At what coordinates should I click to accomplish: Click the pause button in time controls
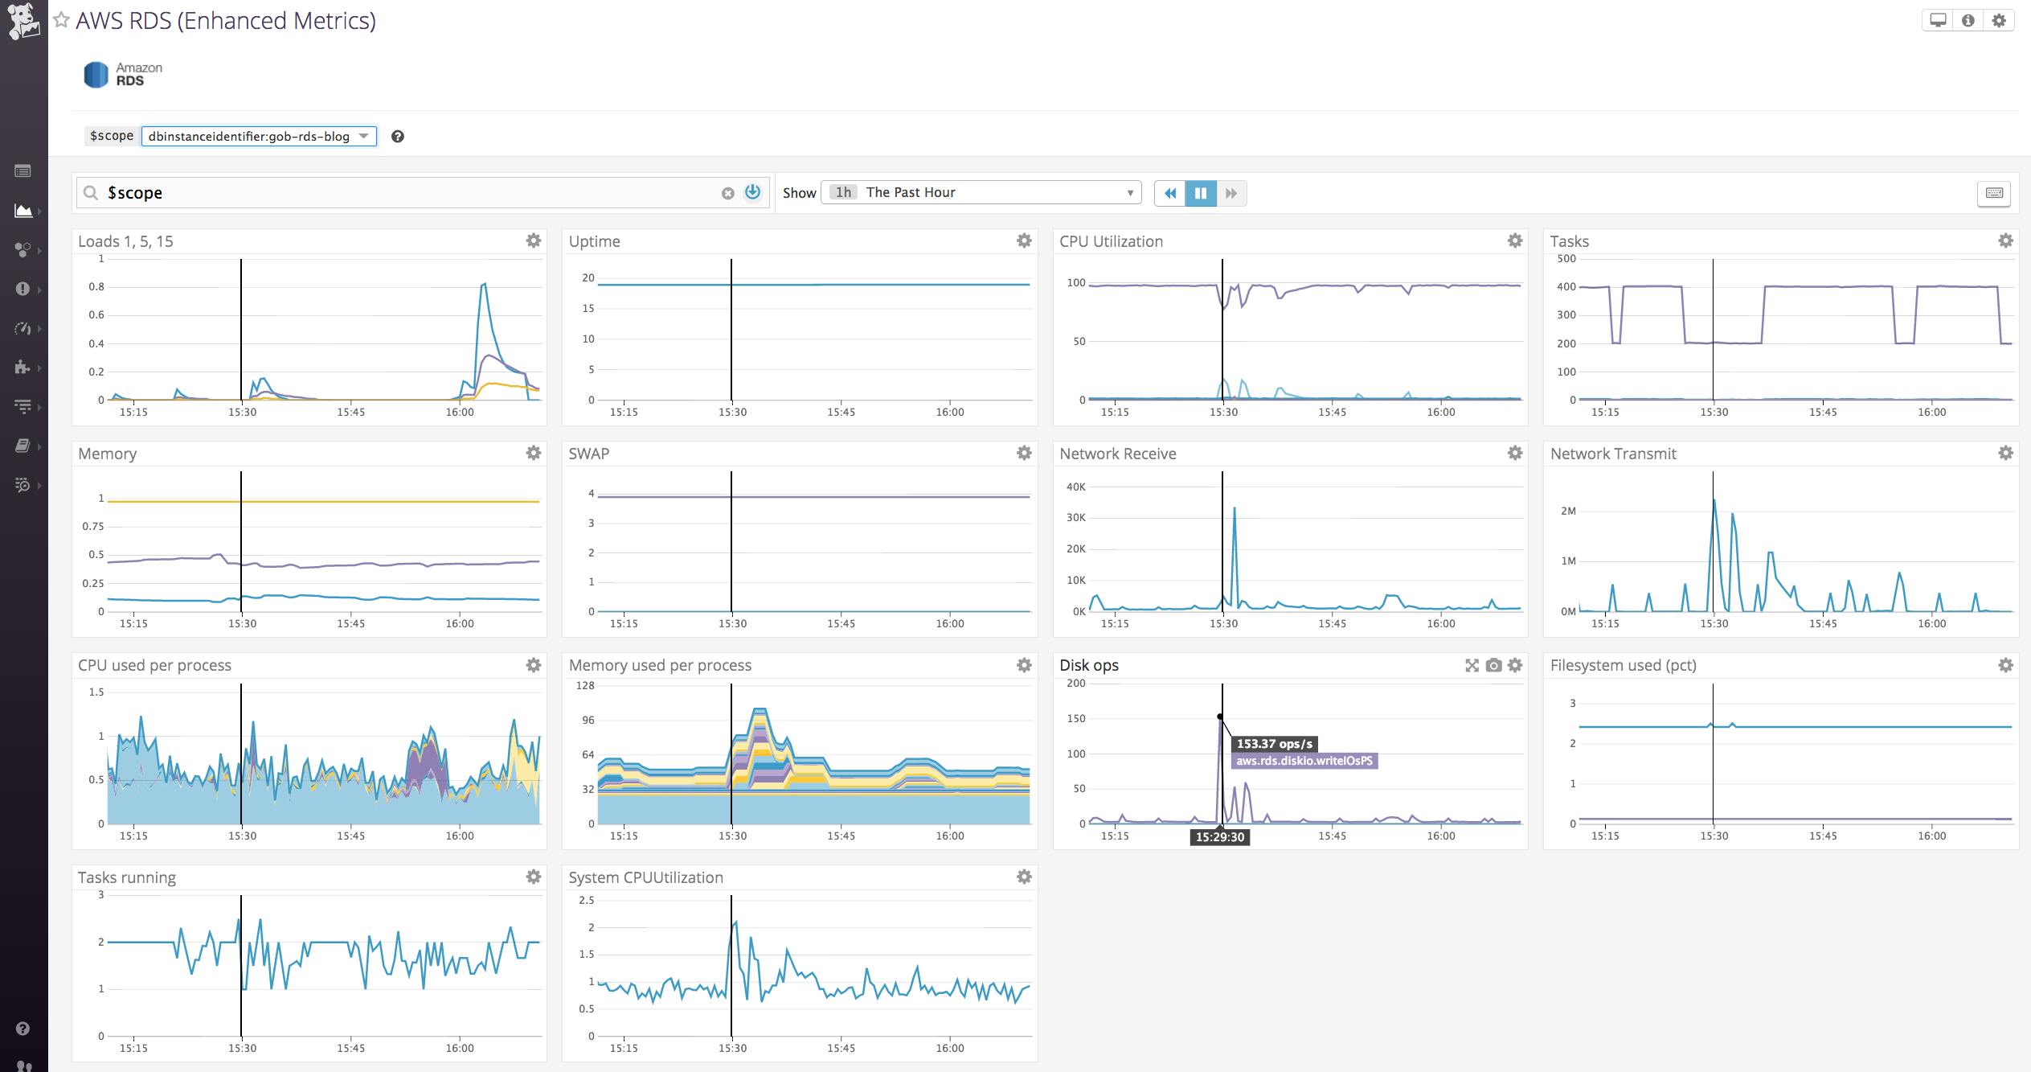coord(1201,193)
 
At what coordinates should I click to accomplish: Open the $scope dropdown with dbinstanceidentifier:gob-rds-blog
coord(259,137)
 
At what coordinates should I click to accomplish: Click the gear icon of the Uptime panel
coord(1023,240)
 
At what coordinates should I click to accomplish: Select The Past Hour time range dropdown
coord(981,192)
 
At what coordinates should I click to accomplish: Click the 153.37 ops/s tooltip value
coord(1275,744)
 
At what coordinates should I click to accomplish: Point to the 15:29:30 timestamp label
coord(1219,837)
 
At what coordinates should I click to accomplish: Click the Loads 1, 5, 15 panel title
coord(125,241)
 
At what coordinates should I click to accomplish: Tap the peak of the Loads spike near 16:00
coord(484,284)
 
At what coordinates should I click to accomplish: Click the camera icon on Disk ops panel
coord(1493,665)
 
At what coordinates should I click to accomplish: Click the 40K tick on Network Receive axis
coord(1075,487)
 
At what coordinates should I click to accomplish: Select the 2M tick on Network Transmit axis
coord(1567,511)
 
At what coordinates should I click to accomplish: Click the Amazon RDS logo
coord(123,74)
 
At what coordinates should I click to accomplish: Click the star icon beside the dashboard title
coord(61,20)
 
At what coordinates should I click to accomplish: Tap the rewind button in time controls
coord(1170,193)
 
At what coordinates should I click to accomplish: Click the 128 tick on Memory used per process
coord(585,685)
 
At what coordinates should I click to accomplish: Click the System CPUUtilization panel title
coord(645,877)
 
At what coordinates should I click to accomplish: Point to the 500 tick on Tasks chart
coord(1566,259)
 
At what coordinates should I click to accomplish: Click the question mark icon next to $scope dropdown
coord(397,137)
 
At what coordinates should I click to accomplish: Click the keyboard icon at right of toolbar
coord(1993,193)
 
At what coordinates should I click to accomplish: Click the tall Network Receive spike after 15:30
coord(1235,509)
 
